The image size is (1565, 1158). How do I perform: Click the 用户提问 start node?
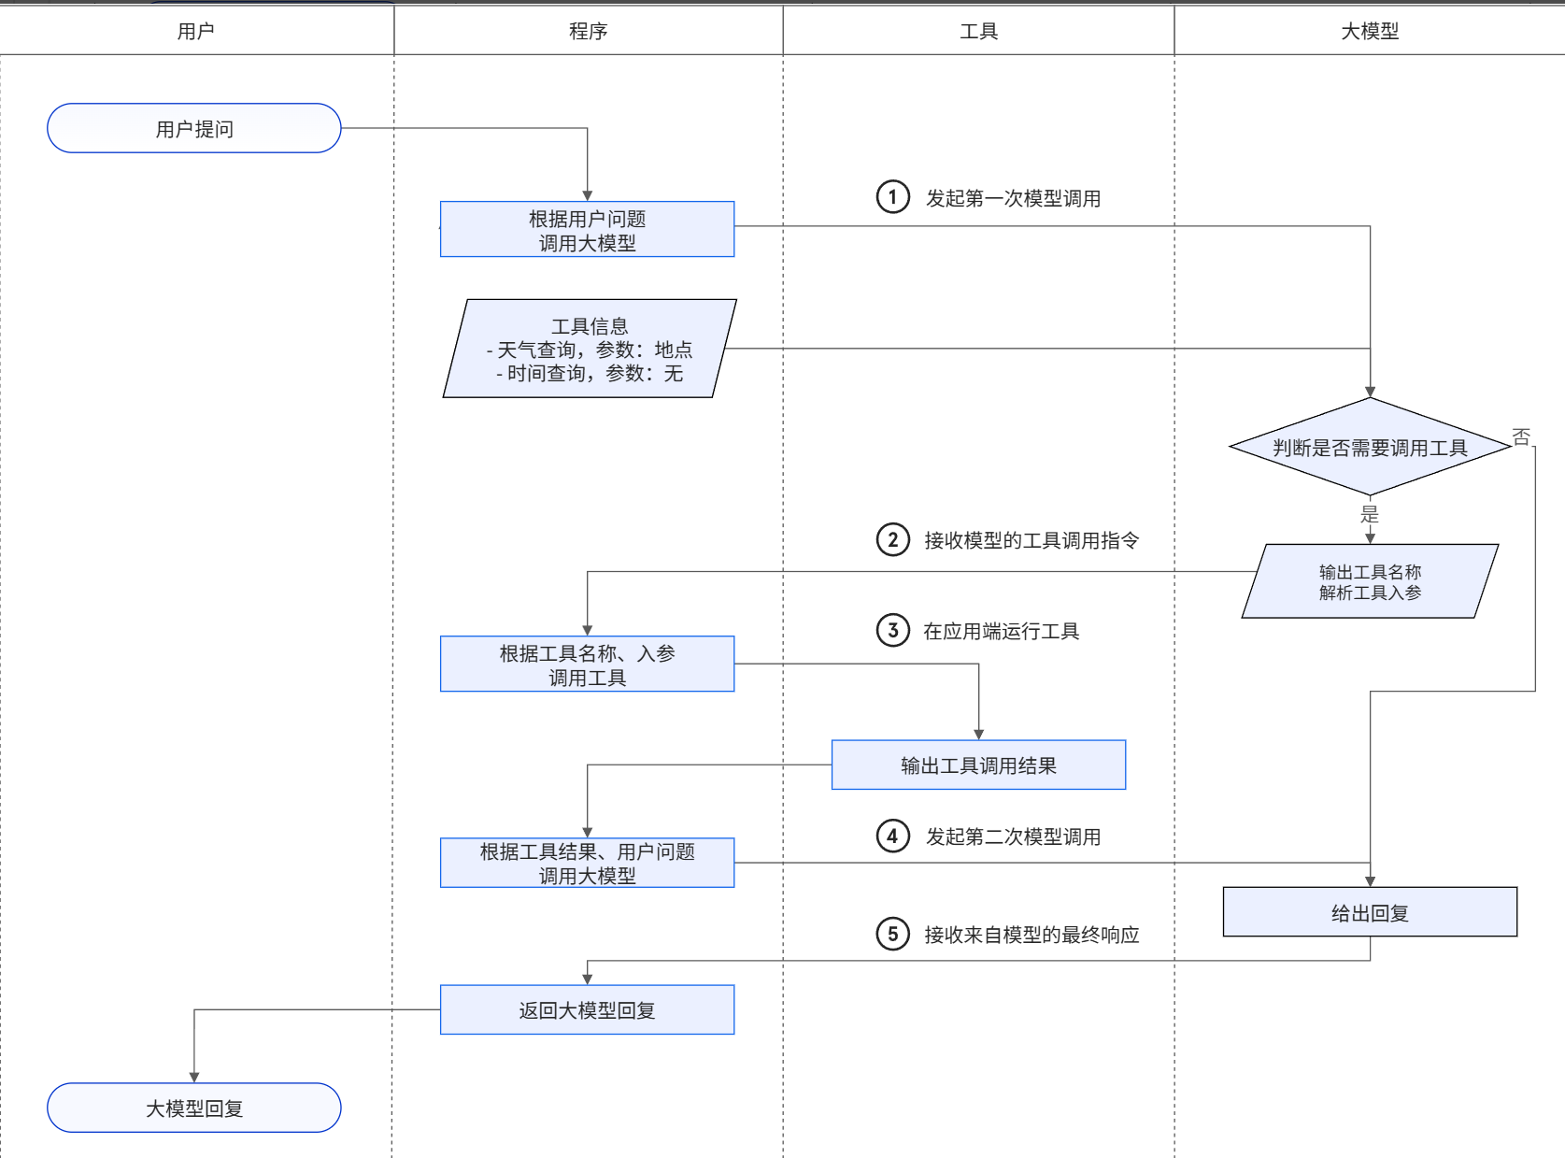click(x=194, y=128)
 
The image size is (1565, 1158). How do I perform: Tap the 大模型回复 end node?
click(x=194, y=1108)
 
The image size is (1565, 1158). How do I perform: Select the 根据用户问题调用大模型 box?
click(x=587, y=230)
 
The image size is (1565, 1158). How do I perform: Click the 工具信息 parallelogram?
click(x=590, y=349)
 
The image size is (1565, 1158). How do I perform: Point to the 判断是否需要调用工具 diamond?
click(x=1370, y=447)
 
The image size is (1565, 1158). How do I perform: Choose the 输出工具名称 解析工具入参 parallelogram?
click(x=1370, y=581)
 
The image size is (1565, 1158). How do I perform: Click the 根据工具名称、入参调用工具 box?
click(x=587, y=664)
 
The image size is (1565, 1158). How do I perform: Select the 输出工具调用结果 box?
click(x=978, y=765)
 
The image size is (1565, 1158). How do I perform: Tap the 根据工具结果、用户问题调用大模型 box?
click(x=587, y=863)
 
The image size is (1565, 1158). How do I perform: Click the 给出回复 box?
click(x=1370, y=912)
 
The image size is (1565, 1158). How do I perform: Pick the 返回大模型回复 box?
click(x=587, y=1009)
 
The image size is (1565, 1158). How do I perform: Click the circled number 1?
click(x=892, y=197)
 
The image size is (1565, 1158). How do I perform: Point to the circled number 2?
click(x=892, y=540)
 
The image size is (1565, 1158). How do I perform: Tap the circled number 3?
click(x=892, y=631)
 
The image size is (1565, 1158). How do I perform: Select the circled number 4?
click(x=892, y=836)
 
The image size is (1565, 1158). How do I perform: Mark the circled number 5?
click(x=892, y=935)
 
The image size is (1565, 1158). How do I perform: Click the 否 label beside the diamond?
click(x=1521, y=437)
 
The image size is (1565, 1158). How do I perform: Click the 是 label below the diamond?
click(x=1370, y=514)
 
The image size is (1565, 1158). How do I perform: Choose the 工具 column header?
click(x=978, y=31)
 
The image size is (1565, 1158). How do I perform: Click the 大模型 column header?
click(x=1370, y=31)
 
